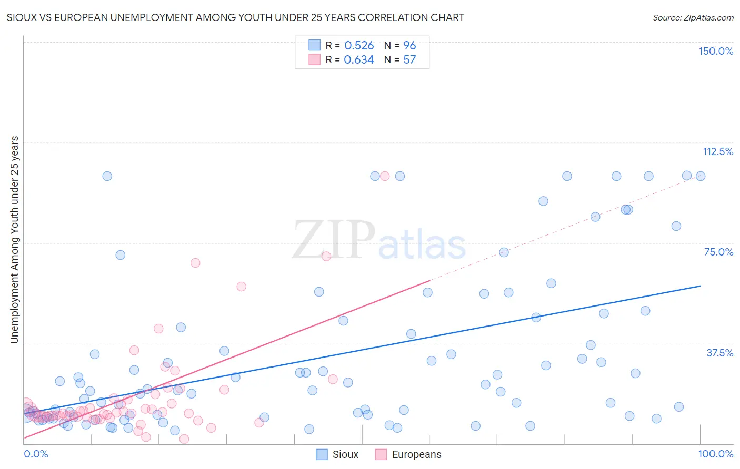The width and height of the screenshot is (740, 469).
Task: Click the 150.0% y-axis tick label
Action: pos(715,51)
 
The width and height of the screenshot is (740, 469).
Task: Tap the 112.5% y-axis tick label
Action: pos(717,151)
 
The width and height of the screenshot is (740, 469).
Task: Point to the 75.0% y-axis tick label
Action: pos(718,252)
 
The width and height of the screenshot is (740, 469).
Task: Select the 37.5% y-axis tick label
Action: pos(719,353)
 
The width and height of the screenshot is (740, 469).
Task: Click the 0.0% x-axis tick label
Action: pos(36,454)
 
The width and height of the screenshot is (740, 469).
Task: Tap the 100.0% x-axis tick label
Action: pos(715,454)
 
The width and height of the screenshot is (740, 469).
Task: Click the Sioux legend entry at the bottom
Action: pos(337,454)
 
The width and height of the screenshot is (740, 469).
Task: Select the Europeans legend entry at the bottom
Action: pos(408,454)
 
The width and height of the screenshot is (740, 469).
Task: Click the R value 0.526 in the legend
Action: pos(358,45)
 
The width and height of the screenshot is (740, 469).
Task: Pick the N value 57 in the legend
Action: pos(409,59)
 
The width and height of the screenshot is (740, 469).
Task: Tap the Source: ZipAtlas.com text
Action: pos(693,17)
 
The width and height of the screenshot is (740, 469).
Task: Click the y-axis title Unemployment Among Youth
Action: pos(14,240)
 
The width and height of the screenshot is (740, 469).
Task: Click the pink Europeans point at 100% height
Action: pos(385,176)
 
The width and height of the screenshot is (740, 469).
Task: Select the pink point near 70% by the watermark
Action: pos(326,256)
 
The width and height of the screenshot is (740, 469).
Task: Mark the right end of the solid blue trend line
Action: pos(700,286)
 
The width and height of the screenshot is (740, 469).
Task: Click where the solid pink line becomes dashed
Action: pos(430,281)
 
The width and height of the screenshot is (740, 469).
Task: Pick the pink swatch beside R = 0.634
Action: pos(314,59)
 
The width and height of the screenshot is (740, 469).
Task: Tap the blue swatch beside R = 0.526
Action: pos(314,45)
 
